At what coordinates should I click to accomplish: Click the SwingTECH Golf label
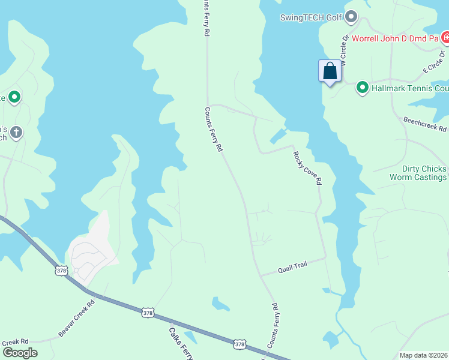(310, 17)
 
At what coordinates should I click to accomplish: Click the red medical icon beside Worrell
(445, 38)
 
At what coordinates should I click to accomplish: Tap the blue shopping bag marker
(330, 71)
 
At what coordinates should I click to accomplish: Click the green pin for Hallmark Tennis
(363, 88)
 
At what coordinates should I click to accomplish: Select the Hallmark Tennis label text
(410, 89)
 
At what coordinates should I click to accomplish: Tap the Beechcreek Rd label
(425, 124)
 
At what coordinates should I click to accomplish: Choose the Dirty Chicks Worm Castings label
(418, 173)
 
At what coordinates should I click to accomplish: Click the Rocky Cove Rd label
(307, 167)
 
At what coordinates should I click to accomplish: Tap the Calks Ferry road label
(179, 343)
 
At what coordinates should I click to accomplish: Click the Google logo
(20, 353)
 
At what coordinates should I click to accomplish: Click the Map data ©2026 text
(423, 355)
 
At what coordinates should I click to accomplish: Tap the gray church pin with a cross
(16, 132)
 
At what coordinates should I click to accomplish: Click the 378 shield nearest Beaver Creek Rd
(61, 271)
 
